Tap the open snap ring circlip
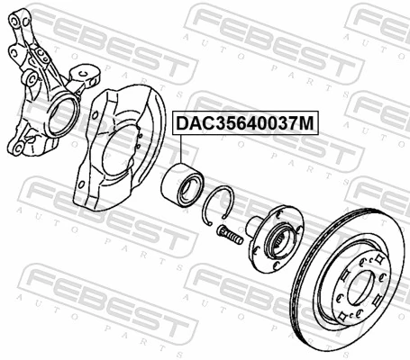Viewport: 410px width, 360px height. [220, 205]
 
